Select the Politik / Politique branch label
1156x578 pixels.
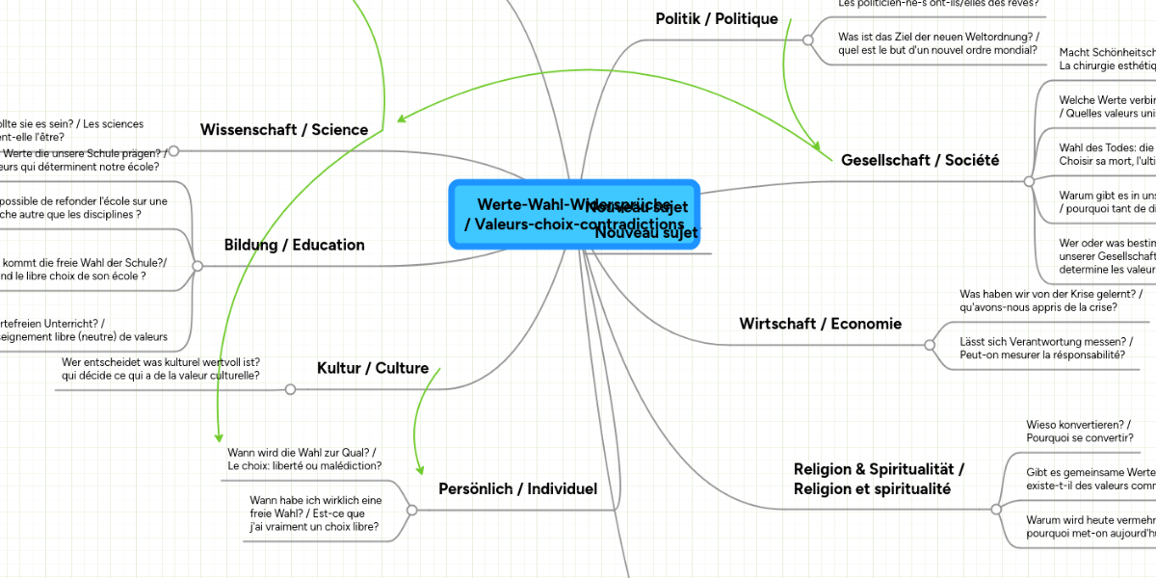(716, 18)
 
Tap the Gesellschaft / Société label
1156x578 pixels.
(919, 160)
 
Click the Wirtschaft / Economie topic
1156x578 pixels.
(820, 324)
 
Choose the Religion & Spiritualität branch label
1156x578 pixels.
(879, 479)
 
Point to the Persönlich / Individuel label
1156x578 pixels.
(517, 489)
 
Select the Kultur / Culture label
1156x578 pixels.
(373, 368)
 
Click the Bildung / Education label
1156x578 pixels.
(294, 245)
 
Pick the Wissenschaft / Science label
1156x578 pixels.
(283, 129)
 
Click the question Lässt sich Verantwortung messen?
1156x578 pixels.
(1045, 348)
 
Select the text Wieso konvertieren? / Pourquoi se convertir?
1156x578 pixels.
(1078, 430)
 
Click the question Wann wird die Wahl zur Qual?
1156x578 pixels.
(303, 459)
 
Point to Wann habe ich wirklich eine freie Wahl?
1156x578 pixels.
(315, 513)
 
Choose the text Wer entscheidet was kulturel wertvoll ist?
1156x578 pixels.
(160, 368)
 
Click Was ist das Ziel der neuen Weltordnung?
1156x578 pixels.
(937, 43)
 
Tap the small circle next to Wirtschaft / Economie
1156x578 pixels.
(930, 344)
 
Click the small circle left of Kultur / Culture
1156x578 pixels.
(290, 389)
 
